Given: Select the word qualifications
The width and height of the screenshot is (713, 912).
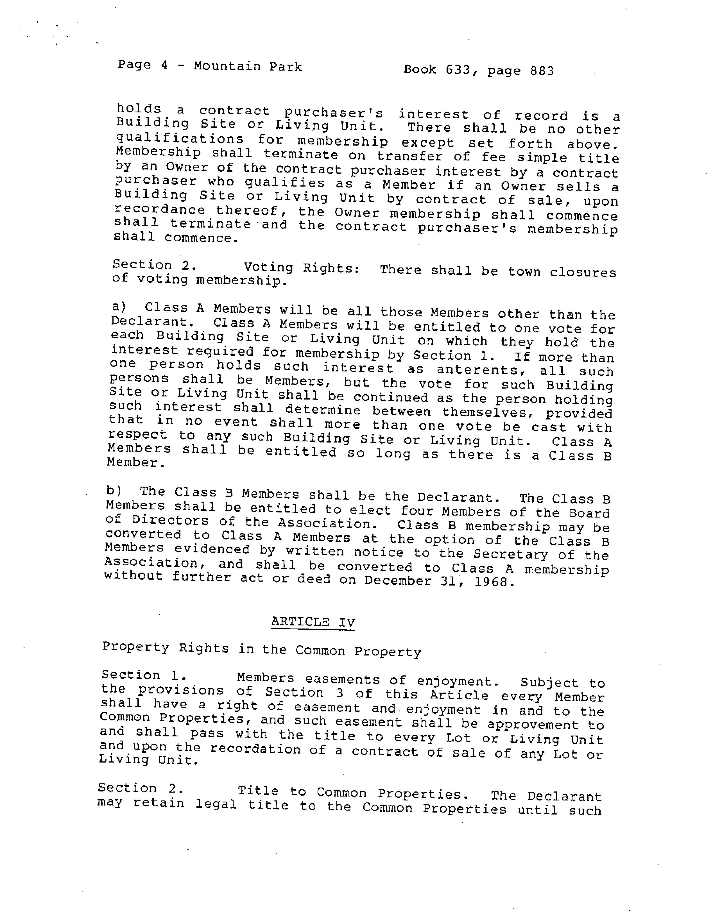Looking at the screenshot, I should [180, 139].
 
